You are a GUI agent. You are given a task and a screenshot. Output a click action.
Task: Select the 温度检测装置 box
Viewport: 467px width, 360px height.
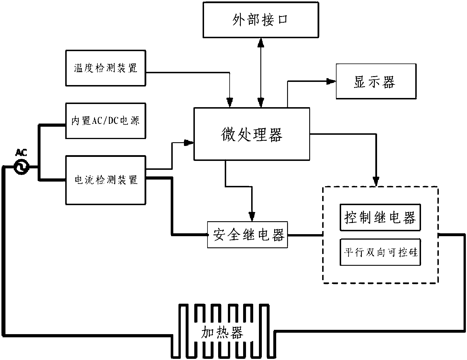[105, 68]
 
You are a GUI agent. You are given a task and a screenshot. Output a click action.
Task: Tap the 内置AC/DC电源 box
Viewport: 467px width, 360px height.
[105, 121]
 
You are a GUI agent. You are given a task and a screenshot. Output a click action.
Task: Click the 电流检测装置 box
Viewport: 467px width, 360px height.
[105, 180]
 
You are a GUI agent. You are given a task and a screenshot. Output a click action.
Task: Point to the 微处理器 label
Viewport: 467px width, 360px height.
[252, 134]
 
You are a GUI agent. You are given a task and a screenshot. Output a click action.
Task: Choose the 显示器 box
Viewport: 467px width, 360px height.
[376, 82]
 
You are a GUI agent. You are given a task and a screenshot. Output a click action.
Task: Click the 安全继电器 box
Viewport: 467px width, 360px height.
[247, 234]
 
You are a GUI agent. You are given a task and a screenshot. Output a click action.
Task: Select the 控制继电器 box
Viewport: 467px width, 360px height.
[380, 217]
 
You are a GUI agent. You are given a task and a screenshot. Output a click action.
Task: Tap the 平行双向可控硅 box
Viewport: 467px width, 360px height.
[380, 252]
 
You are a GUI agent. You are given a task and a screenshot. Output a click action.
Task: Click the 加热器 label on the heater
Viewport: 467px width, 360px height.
[222, 332]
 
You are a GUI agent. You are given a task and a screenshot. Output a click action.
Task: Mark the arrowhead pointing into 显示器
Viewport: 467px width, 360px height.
[331, 82]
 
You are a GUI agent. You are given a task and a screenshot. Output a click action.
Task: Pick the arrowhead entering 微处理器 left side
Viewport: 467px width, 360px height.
[189, 143]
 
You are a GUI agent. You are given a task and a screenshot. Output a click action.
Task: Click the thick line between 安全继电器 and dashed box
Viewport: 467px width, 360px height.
[305, 235]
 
